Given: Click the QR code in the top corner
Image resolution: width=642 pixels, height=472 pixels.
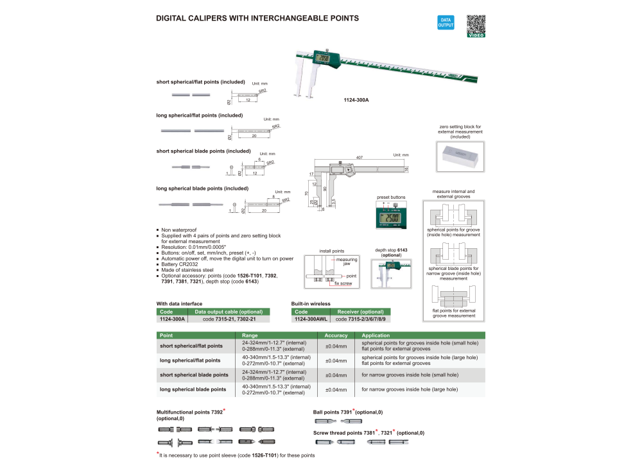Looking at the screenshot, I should [x=475, y=25].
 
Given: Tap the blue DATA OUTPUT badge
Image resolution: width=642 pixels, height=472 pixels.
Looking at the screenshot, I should [x=446, y=22].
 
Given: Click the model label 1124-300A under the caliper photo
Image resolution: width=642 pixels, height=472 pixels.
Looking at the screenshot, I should [x=357, y=99].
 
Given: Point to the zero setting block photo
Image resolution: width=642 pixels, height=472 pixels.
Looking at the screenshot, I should [x=459, y=156].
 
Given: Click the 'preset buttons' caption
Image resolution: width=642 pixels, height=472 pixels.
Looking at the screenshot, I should [x=390, y=198].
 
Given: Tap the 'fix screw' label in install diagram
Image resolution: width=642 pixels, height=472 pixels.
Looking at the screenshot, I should [x=343, y=283].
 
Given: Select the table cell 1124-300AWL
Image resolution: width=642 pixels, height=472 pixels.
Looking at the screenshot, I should [x=311, y=319].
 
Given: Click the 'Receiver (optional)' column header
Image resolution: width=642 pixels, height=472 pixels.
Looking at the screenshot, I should [x=360, y=312].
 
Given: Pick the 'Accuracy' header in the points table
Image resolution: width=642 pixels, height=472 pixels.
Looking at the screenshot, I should [x=336, y=335].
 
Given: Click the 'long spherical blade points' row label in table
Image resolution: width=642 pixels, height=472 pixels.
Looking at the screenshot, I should [x=193, y=389].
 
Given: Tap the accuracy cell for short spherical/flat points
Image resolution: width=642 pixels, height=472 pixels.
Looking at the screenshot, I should [x=336, y=346].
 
